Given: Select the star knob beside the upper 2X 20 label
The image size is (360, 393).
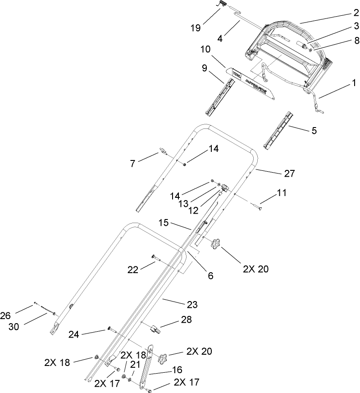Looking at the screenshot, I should (216, 245).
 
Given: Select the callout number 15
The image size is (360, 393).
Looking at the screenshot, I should (164, 223).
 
